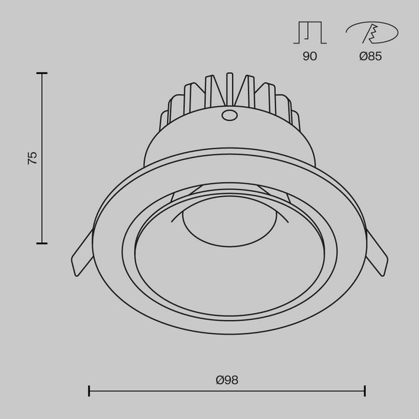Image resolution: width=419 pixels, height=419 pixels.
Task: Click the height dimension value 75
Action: point(32,157)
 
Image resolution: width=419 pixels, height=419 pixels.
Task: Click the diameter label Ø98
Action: point(227,380)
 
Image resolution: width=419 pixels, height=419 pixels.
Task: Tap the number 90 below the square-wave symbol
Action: point(309,57)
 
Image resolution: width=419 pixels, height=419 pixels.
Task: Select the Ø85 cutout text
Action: point(370,57)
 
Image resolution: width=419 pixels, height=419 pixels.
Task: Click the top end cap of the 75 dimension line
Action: point(42,72)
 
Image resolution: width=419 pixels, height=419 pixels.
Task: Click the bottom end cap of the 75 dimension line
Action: point(42,243)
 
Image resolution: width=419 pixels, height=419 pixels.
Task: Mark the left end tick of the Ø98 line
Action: point(89,391)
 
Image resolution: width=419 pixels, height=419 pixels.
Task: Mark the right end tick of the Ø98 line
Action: point(365,391)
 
